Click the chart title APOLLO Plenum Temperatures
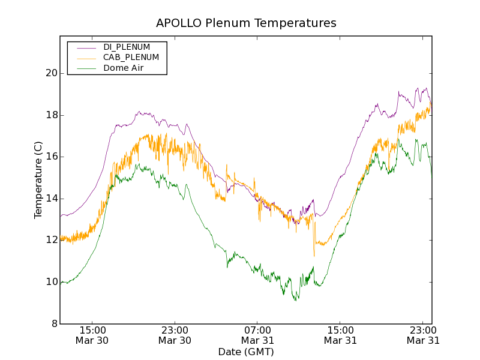[246, 23]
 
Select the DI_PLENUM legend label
[127, 47]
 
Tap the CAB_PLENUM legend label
[131, 58]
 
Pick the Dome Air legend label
[124, 68]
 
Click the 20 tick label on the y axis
[52, 73]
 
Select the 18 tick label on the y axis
[52, 115]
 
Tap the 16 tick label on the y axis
[52, 157]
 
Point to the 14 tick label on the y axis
[52, 199]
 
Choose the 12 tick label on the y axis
[52, 240]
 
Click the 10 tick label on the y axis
[52, 282]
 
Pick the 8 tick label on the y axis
[55, 324]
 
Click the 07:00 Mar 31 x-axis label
[257, 335]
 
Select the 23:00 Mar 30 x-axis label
[175, 335]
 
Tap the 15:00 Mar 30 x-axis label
[92, 335]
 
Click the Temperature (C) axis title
[38, 180]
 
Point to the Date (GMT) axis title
[246, 352]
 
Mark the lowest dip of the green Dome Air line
[295, 300]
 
